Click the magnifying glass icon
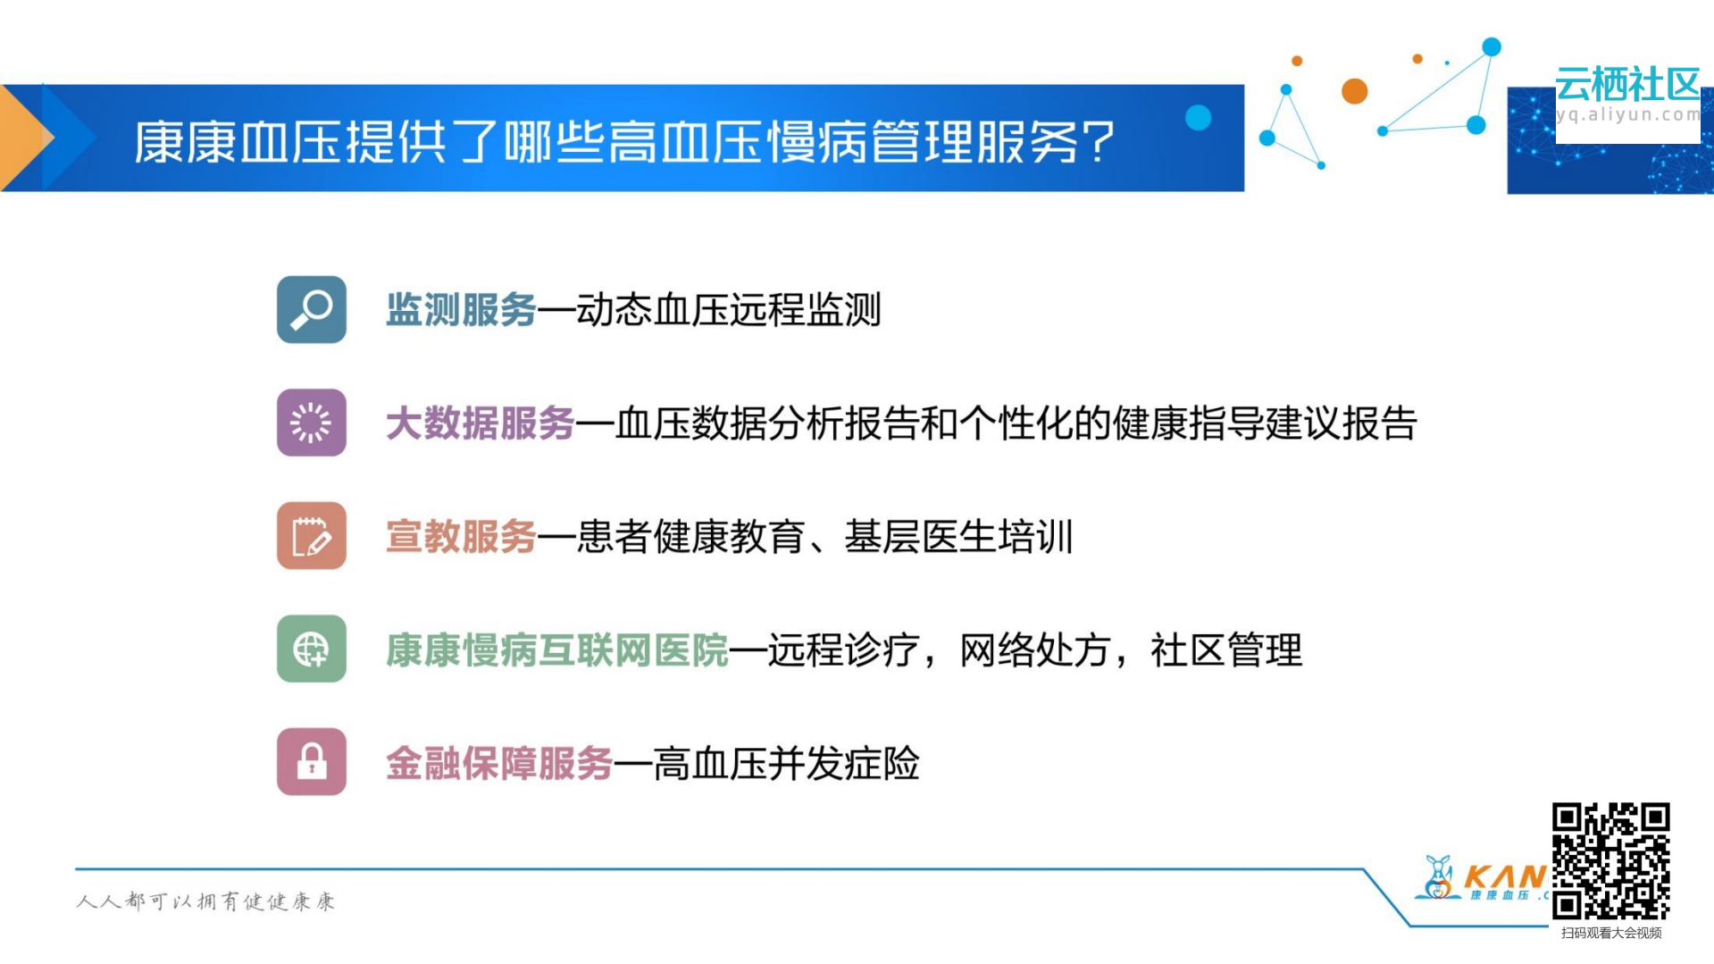click(311, 309)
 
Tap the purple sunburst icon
click(311, 423)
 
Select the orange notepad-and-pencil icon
click(311, 536)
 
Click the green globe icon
click(311, 649)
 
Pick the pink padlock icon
click(311, 762)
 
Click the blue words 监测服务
click(461, 310)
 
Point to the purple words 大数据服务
click(480, 423)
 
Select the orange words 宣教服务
click(461, 537)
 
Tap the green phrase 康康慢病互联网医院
click(556, 650)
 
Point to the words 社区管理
click(1225, 650)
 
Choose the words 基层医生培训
click(958, 537)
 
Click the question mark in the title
click(1099, 143)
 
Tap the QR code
click(1610, 860)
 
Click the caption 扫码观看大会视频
click(1610, 933)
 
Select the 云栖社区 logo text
click(1626, 85)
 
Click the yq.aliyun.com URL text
click(1627, 114)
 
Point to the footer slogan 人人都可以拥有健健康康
click(205, 901)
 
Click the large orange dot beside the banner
click(1354, 91)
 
